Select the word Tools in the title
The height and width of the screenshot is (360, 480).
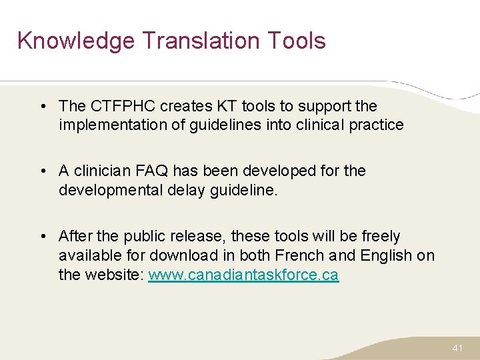pos(299,41)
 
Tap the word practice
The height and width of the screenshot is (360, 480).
pos(376,125)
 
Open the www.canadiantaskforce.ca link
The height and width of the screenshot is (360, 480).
pos(243,275)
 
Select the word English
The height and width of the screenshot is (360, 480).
pos(387,255)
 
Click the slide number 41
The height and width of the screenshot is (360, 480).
pos(457,348)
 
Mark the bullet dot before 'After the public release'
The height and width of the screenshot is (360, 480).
pos(42,237)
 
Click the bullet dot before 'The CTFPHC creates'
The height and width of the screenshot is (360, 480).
pos(42,106)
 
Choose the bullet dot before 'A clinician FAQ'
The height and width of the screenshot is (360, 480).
pos(42,171)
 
